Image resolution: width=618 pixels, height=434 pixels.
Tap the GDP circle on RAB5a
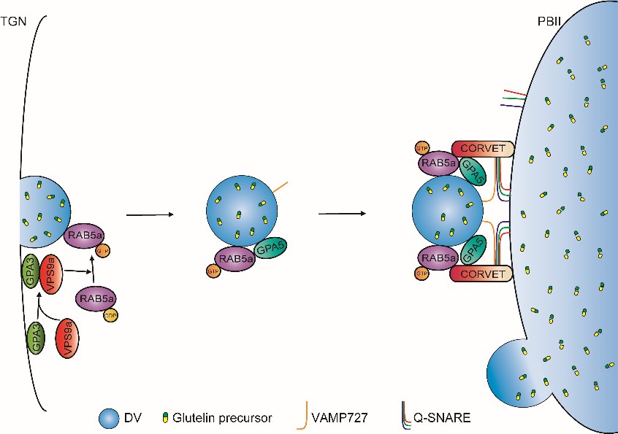pyautogui.click(x=110, y=315)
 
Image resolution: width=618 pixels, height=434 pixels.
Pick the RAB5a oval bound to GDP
pyautogui.click(x=95, y=299)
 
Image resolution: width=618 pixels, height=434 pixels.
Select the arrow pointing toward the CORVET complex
pyautogui.click(x=341, y=214)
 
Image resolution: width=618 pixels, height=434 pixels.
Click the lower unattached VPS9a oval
pyautogui.click(x=68, y=339)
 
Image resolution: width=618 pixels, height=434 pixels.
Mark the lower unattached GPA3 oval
pyautogui.click(x=37, y=339)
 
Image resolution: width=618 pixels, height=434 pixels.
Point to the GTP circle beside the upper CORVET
pyautogui.click(x=421, y=148)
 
